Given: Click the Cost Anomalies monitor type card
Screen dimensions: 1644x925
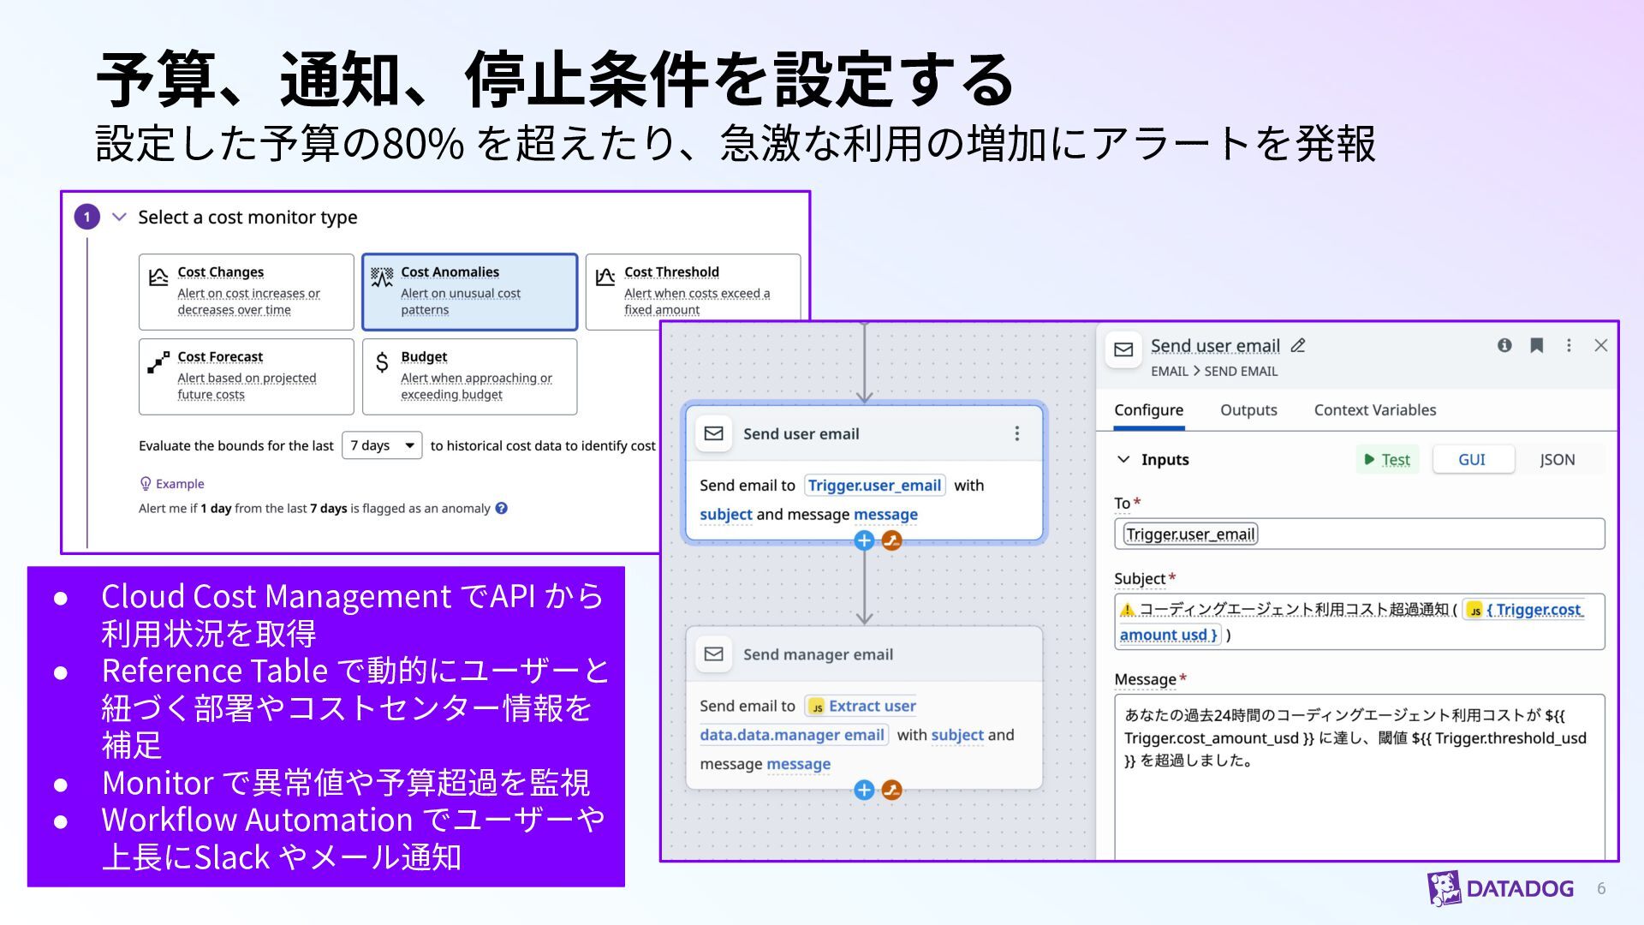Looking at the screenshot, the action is [x=469, y=291].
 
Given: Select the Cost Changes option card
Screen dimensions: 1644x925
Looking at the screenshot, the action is [x=246, y=291].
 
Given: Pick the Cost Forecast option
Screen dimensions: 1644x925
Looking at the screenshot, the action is [x=246, y=376].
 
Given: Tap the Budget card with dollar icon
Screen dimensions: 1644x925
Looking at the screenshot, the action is [x=469, y=376].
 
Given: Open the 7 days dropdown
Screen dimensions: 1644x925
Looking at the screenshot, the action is [x=382, y=445].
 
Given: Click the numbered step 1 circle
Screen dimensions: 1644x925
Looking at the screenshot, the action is [x=86, y=217].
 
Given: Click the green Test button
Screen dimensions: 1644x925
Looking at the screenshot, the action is [x=1387, y=460].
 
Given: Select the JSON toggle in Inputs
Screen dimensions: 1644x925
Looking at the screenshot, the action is [x=1557, y=460].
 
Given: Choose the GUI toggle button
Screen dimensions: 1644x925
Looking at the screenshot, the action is [x=1472, y=460].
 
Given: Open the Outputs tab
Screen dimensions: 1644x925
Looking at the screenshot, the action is [x=1248, y=410].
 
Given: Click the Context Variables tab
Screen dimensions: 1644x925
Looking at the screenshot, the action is [x=1375, y=410].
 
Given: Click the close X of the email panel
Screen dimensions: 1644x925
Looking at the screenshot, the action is [x=1600, y=345].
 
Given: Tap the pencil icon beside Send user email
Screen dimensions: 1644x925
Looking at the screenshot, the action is [x=1298, y=345].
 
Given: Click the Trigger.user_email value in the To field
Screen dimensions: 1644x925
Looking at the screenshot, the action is [x=1190, y=534].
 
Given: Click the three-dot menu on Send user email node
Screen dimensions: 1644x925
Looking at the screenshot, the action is [x=1016, y=433].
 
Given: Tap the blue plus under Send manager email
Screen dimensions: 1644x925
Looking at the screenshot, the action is [x=864, y=790].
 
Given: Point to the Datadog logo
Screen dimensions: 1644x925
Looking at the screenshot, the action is [x=1500, y=888].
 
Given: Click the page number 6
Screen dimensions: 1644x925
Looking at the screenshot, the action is [x=1601, y=889].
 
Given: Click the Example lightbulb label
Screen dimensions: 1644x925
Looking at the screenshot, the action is [x=172, y=484].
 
